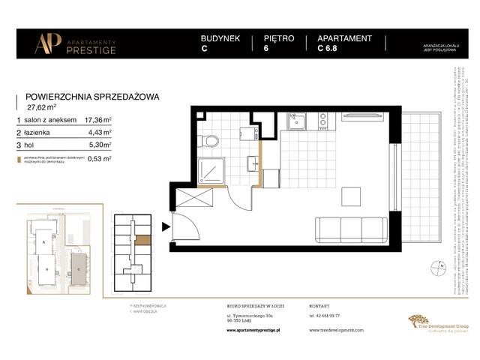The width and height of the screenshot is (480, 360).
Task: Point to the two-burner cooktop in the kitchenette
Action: click(323, 119)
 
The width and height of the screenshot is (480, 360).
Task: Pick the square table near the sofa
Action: click(350, 195)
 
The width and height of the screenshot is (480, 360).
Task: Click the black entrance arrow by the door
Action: click(166, 222)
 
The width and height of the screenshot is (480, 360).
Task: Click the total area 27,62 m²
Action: click(43, 107)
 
